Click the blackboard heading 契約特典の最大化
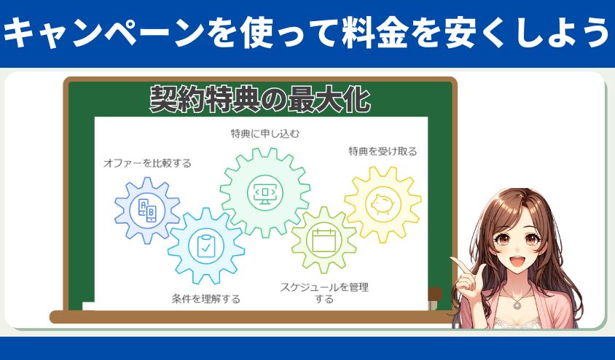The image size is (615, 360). pyautogui.click(x=260, y=100)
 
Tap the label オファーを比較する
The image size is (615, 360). pyautogui.click(x=147, y=163)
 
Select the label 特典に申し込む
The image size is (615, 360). pyautogui.click(x=265, y=134)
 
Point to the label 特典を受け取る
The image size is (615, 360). pyautogui.click(x=383, y=151)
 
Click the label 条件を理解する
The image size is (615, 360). pyautogui.click(x=206, y=299)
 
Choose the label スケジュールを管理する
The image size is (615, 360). pyautogui.click(x=324, y=293)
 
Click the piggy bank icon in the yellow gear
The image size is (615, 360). pyautogui.click(x=383, y=203)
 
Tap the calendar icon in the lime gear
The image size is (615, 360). pyautogui.click(x=324, y=240)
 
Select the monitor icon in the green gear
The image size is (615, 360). pyautogui.click(x=265, y=192)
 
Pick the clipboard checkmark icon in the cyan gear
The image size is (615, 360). pyautogui.click(x=205, y=246)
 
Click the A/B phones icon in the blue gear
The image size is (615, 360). pyautogui.click(x=147, y=210)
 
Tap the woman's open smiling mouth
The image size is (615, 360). pyautogui.click(x=517, y=261)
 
